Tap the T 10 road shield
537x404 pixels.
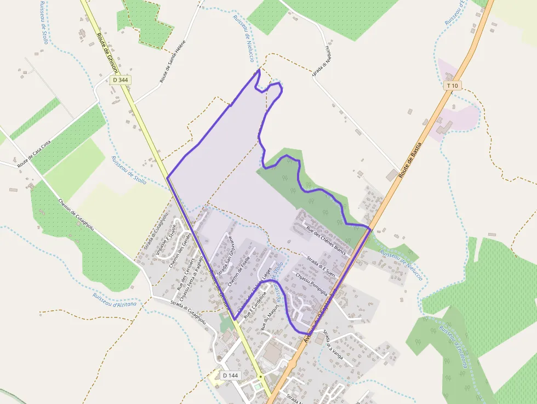(x=452, y=86)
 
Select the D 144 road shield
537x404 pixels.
(x=231, y=375)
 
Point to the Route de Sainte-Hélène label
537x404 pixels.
(x=173, y=61)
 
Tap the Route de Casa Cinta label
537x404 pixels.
(x=34, y=154)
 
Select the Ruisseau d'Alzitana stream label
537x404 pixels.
(x=114, y=299)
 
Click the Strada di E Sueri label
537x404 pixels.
(x=321, y=265)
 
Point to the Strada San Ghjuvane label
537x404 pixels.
(x=225, y=256)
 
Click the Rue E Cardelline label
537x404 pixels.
(x=255, y=305)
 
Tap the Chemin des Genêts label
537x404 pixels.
(x=179, y=251)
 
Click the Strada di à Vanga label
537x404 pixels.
(x=333, y=344)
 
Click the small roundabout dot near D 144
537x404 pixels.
(x=261, y=377)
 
